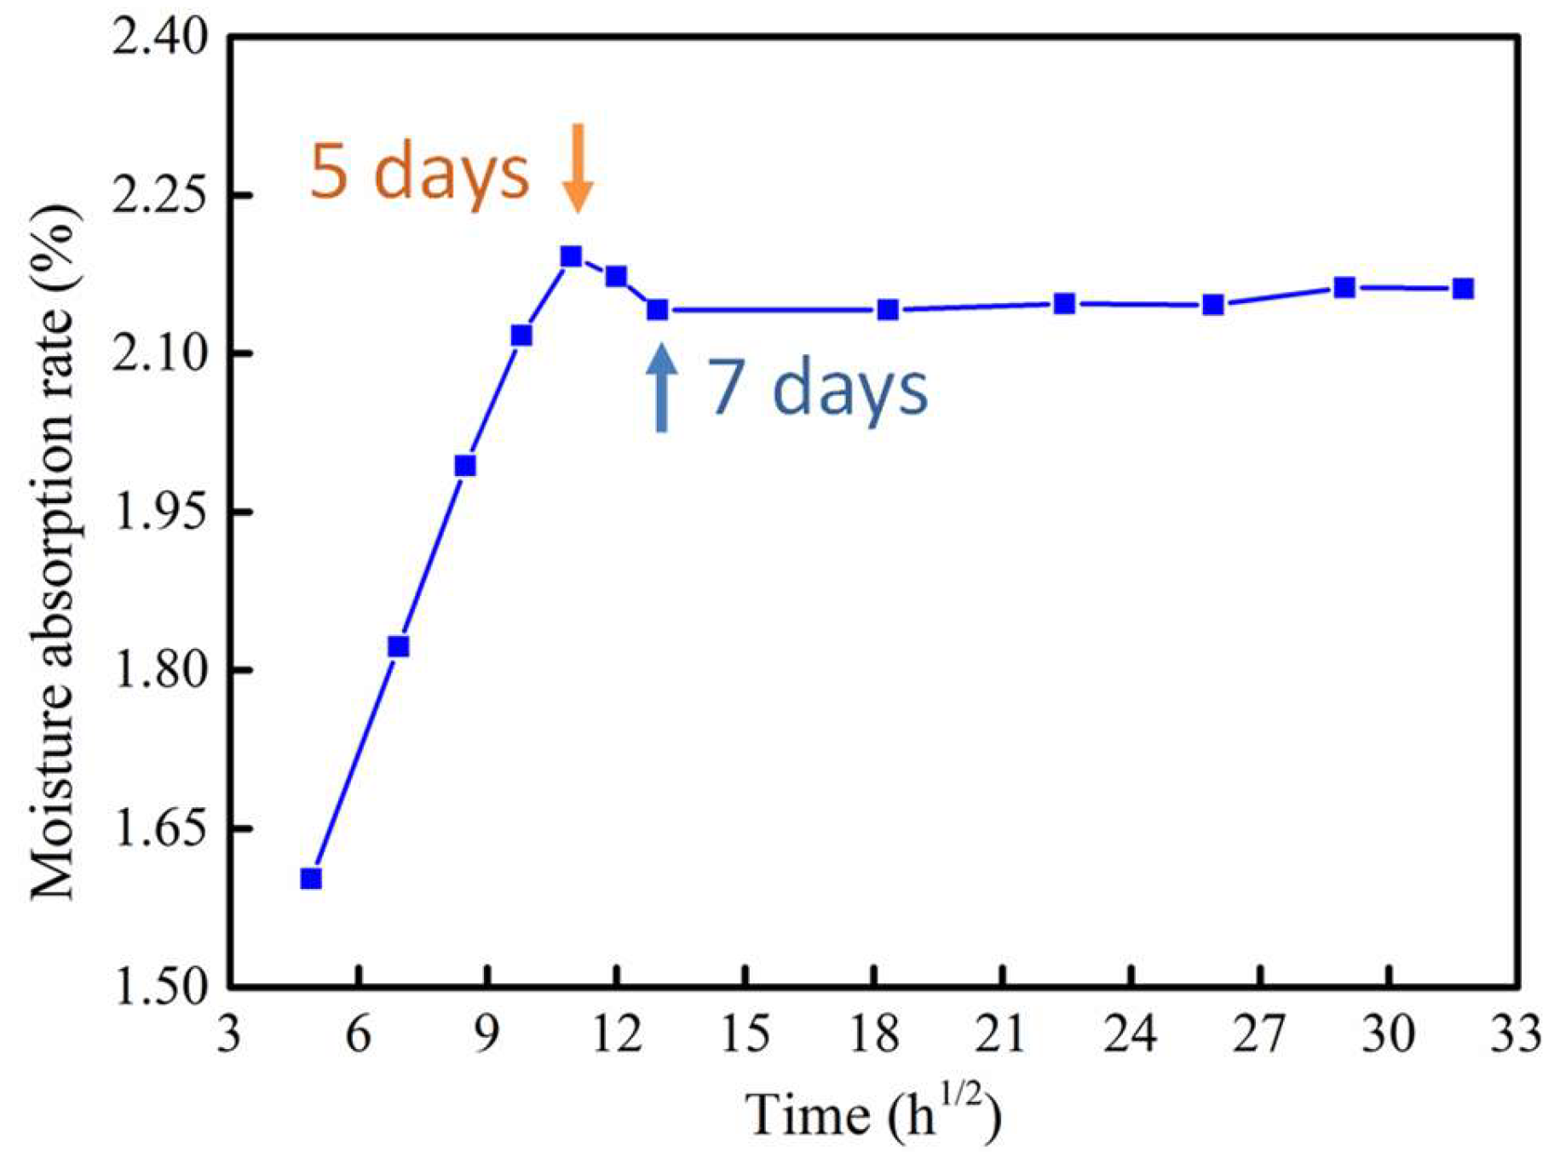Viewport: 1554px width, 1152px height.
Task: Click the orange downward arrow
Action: click(x=578, y=169)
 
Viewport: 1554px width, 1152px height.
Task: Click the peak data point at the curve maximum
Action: click(x=571, y=256)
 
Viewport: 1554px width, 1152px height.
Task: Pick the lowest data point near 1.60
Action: click(x=311, y=878)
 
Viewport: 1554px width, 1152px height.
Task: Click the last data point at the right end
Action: click(x=1463, y=289)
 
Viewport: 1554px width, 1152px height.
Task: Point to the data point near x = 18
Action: click(x=888, y=310)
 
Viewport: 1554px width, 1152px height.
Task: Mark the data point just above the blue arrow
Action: click(x=657, y=310)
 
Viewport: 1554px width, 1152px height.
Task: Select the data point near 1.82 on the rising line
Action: click(x=398, y=647)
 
